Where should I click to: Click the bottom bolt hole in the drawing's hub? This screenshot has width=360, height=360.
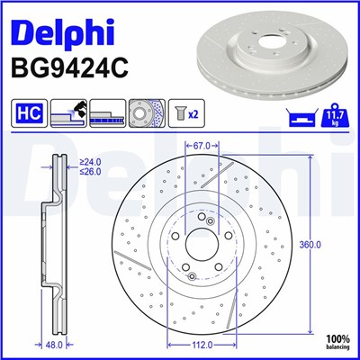click(x=189, y=276)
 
